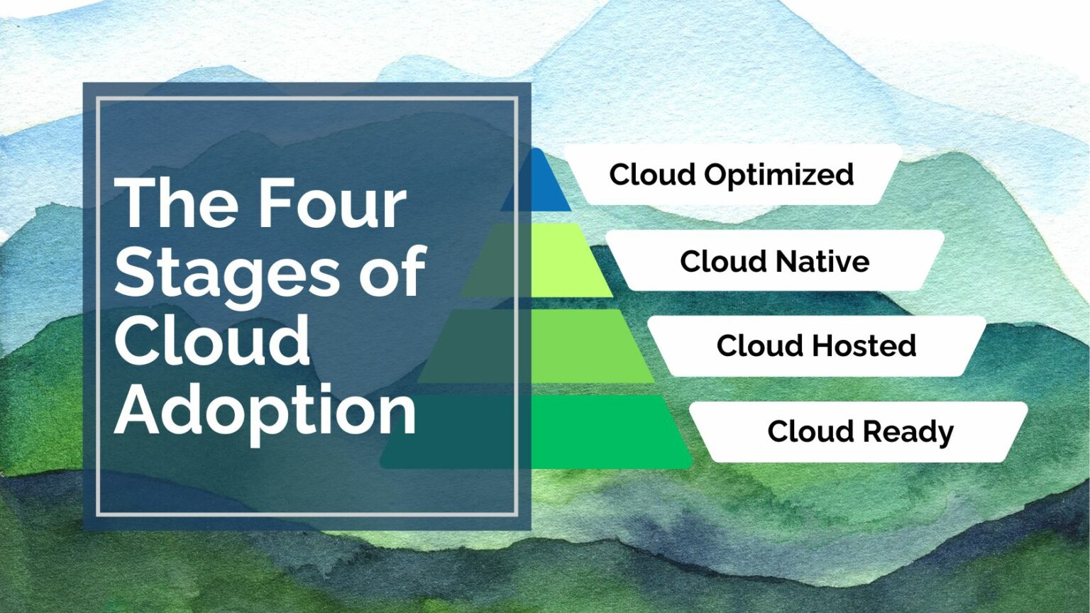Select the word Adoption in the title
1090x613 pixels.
(265, 411)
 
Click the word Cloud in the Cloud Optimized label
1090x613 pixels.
(651, 175)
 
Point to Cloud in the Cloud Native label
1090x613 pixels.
(722, 262)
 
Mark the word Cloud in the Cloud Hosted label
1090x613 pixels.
(759, 346)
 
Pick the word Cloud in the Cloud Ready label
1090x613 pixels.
(810, 431)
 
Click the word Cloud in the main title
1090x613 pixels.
(212, 341)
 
